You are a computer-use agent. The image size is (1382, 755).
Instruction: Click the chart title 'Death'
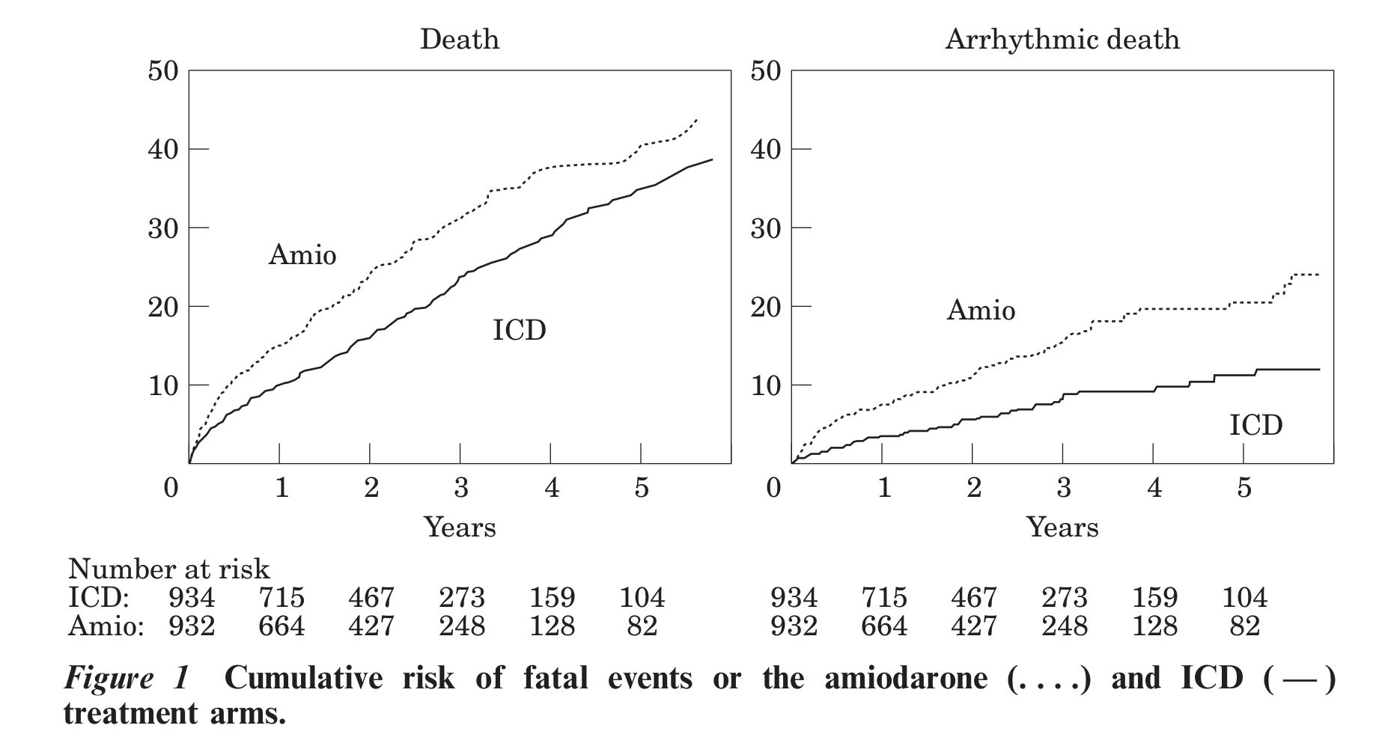(459, 39)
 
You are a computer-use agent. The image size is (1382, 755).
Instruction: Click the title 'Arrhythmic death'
(1062, 39)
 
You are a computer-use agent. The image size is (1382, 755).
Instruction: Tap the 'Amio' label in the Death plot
(302, 255)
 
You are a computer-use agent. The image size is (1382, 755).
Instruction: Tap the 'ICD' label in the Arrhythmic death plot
(1255, 425)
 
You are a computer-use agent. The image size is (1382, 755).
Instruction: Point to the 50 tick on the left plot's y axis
(163, 72)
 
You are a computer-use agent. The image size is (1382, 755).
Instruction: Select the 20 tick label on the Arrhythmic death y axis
(766, 307)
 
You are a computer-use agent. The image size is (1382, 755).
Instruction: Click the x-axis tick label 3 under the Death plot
(461, 488)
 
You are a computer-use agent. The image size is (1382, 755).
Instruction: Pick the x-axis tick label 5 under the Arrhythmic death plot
(1244, 488)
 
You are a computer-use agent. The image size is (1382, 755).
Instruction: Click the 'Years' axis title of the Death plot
(460, 528)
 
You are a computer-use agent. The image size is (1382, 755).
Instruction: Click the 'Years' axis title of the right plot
(1062, 528)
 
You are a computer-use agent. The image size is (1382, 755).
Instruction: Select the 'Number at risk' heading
(168, 569)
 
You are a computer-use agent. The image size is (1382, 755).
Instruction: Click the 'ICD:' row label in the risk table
(99, 598)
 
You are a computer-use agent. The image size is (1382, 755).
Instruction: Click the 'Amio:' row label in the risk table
(106, 626)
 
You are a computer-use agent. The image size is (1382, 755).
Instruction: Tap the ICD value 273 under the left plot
(462, 598)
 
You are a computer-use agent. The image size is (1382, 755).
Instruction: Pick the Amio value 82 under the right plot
(1244, 626)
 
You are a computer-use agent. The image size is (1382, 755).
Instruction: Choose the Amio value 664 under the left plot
(281, 626)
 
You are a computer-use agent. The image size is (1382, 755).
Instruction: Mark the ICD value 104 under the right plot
(1244, 598)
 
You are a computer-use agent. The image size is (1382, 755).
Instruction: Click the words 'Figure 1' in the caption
(127, 678)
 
